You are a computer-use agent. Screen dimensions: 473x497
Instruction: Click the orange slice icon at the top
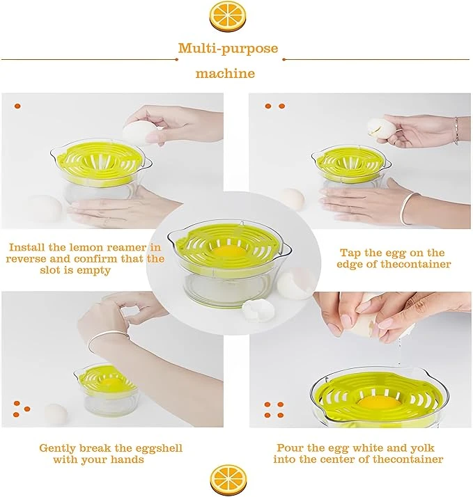(x=228, y=16)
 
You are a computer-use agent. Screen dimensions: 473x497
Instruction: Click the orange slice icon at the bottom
(x=228, y=480)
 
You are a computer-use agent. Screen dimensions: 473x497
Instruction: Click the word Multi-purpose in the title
(x=228, y=49)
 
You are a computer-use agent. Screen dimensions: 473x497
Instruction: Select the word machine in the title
(x=225, y=74)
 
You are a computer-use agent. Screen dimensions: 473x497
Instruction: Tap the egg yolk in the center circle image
(x=229, y=252)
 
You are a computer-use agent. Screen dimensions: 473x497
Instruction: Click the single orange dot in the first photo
(x=17, y=106)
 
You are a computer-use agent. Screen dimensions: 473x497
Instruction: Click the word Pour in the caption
(x=290, y=448)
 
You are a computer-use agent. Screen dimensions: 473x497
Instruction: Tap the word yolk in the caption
(x=422, y=448)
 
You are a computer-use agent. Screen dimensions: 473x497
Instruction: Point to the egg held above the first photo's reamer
(x=139, y=133)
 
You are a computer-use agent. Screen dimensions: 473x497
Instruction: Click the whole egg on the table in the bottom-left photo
(x=56, y=414)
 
